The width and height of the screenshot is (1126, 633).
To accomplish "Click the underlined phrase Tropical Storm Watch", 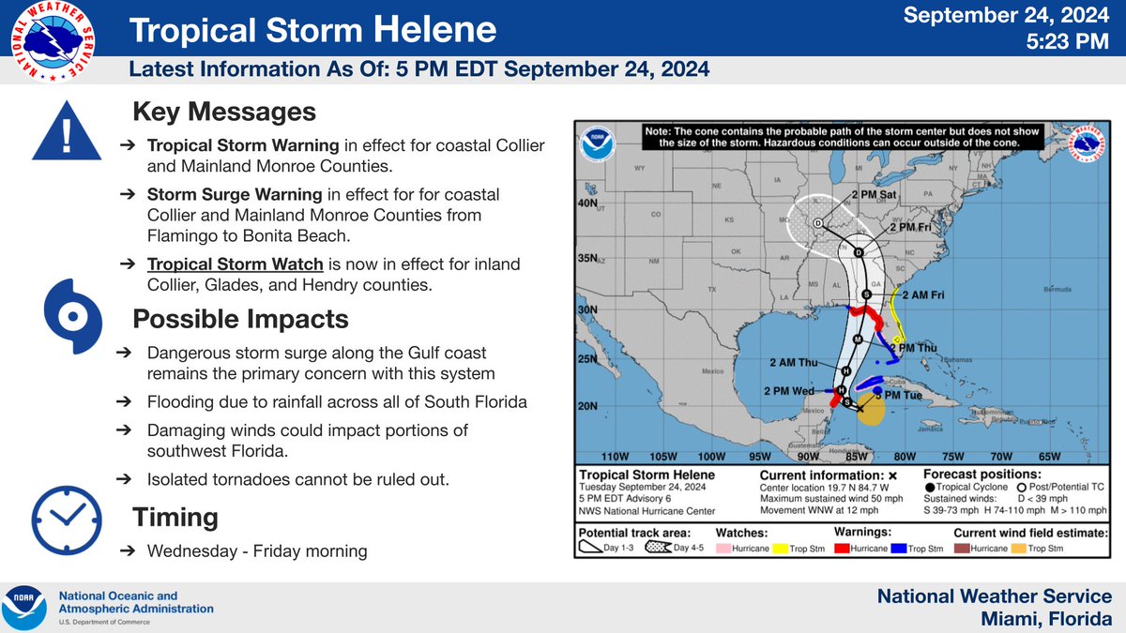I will (236, 264).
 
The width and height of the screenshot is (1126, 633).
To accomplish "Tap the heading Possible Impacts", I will (240, 319).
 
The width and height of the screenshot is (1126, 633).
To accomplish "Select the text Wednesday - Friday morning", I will (257, 551).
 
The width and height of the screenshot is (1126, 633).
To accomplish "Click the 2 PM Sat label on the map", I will (875, 195).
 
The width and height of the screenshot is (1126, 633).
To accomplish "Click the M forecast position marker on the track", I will (857, 338).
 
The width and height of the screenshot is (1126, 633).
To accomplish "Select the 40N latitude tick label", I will (587, 203).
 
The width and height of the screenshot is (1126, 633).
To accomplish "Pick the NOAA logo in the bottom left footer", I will (24, 608).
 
